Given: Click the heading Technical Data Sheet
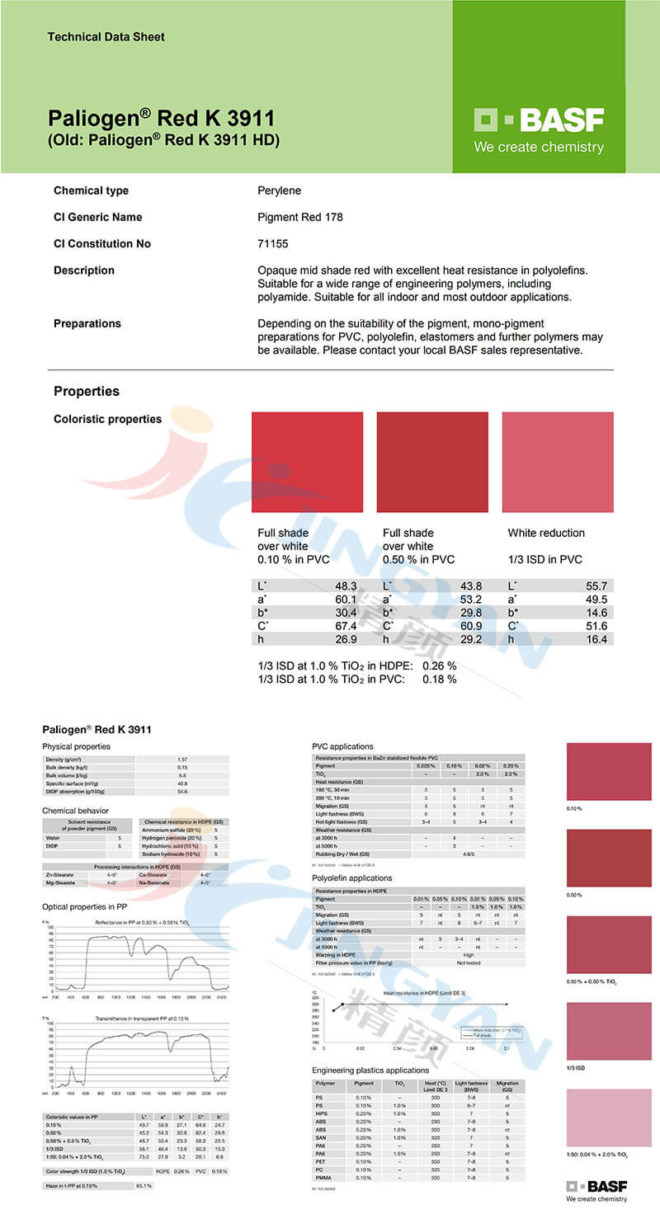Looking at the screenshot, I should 106,37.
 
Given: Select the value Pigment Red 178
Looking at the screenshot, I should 300,217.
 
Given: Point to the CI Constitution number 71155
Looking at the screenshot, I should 273,243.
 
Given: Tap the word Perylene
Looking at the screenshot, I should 280,191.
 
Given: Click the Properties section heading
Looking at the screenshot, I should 87,391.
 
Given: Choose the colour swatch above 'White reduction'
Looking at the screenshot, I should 558,462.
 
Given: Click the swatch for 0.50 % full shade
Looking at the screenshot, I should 432,462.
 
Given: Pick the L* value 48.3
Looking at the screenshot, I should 346,586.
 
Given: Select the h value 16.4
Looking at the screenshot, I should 596,639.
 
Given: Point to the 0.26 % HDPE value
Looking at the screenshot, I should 440,666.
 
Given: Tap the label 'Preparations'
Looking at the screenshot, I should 87,323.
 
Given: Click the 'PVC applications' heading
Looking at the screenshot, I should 342,746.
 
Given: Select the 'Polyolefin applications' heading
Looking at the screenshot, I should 352,878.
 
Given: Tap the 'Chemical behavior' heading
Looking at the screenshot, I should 75,811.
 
